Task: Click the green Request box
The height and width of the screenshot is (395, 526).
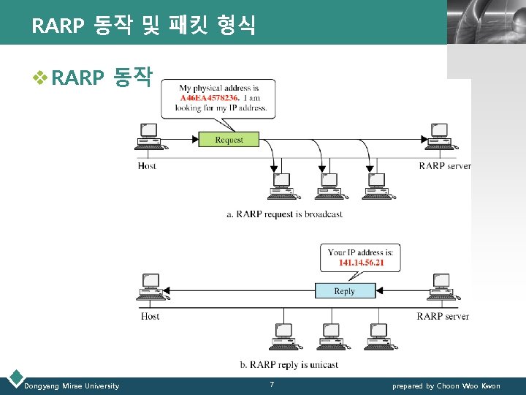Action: coord(229,139)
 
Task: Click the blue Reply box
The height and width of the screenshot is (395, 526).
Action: coord(344,290)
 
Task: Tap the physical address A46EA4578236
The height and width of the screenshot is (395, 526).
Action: coord(209,98)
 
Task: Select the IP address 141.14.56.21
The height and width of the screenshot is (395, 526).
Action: coord(361,263)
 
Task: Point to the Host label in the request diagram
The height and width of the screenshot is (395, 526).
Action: coord(147,166)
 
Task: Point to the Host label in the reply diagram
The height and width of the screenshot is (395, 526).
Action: coord(150,316)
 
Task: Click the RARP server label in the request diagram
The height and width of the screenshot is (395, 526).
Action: coord(444,166)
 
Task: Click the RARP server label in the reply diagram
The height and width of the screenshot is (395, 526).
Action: coord(443,316)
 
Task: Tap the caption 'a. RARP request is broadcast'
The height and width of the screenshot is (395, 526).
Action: coord(284,214)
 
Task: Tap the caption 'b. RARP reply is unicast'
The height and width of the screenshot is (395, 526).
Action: coord(289,364)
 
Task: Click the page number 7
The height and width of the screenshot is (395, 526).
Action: coord(272,385)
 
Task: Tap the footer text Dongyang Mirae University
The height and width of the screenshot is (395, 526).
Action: coord(72,385)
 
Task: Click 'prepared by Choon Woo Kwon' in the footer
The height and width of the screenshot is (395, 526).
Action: coord(446,385)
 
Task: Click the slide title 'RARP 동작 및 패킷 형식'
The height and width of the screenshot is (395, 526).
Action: coord(143,26)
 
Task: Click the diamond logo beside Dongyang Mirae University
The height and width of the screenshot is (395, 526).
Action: coord(14,379)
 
